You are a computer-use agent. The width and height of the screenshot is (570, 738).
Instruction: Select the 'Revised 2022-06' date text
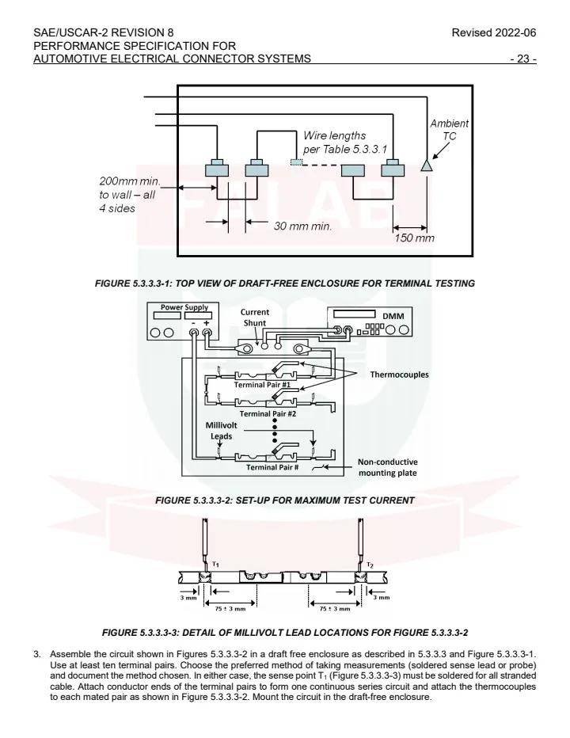tap(499, 32)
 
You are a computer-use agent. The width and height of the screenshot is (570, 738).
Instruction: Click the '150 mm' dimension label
tap(415, 238)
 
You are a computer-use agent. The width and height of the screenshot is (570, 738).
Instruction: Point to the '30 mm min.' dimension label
tap(302, 226)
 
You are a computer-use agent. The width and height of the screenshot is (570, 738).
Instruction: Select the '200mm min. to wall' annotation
tap(127, 195)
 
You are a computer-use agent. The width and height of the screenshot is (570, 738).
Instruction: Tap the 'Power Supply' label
tap(184, 306)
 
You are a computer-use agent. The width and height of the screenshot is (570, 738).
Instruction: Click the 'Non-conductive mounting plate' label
tap(387, 467)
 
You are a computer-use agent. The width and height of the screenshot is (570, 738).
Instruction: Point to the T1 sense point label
tap(215, 565)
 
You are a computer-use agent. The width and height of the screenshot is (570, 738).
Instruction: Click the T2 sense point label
tap(370, 565)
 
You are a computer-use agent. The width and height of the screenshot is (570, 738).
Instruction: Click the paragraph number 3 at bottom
tap(36, 654)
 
